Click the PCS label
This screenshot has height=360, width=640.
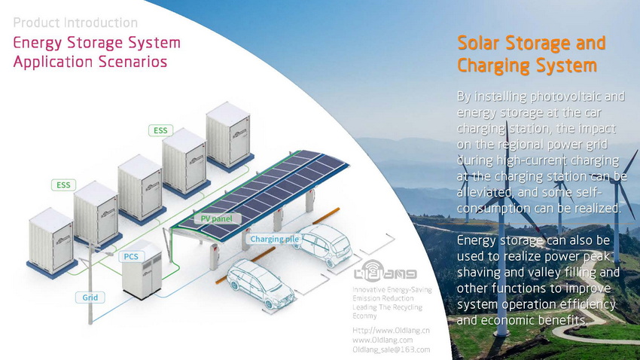point(131,257)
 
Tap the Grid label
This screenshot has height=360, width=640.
point(90,297)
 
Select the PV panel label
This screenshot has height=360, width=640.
point(216,218)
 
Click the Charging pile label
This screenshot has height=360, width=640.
point(274,239)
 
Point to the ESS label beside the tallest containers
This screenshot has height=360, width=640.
point(160,130)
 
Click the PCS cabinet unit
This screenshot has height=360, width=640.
point(142,270)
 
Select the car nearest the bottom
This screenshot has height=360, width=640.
point(261,283)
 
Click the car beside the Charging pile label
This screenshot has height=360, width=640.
point(325,245)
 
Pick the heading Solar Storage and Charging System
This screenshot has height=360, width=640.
point(531,54)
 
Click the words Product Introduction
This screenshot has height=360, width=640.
point(75,23)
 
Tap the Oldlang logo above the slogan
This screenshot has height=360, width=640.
point(385,271)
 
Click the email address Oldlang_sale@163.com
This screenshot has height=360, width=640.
point(391,349)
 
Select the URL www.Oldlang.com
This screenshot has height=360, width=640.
point(382,340)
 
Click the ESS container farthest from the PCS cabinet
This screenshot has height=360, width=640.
point(228,137)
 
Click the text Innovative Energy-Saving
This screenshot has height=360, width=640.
point(392,290)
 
